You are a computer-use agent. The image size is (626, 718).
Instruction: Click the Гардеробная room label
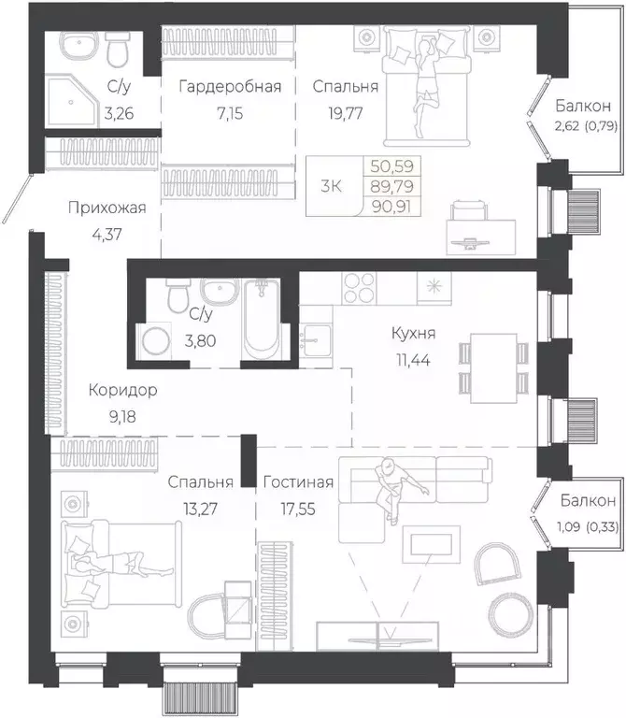point(230,87)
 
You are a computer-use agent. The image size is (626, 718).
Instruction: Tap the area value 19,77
point(346,113)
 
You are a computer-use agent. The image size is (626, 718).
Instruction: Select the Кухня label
point(413,333)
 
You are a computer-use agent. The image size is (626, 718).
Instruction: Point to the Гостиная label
point(298,482)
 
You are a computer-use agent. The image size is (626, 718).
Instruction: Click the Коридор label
point(122,390)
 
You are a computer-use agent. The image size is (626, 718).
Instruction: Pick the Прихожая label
point(107,208)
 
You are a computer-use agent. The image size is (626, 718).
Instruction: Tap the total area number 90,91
point(392,207)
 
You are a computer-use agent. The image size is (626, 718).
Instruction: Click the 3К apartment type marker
point(332,186)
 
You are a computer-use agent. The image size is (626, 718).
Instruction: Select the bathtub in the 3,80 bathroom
point(262,319)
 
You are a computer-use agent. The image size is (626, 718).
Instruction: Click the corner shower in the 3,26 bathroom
point(73,103)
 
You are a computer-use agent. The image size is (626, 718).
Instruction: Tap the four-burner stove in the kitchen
point(359,288)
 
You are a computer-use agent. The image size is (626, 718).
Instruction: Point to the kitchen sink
point(316,339)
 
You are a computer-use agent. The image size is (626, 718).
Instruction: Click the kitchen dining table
point(494,368)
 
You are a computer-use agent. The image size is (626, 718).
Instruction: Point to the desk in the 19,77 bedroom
point(482,237)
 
